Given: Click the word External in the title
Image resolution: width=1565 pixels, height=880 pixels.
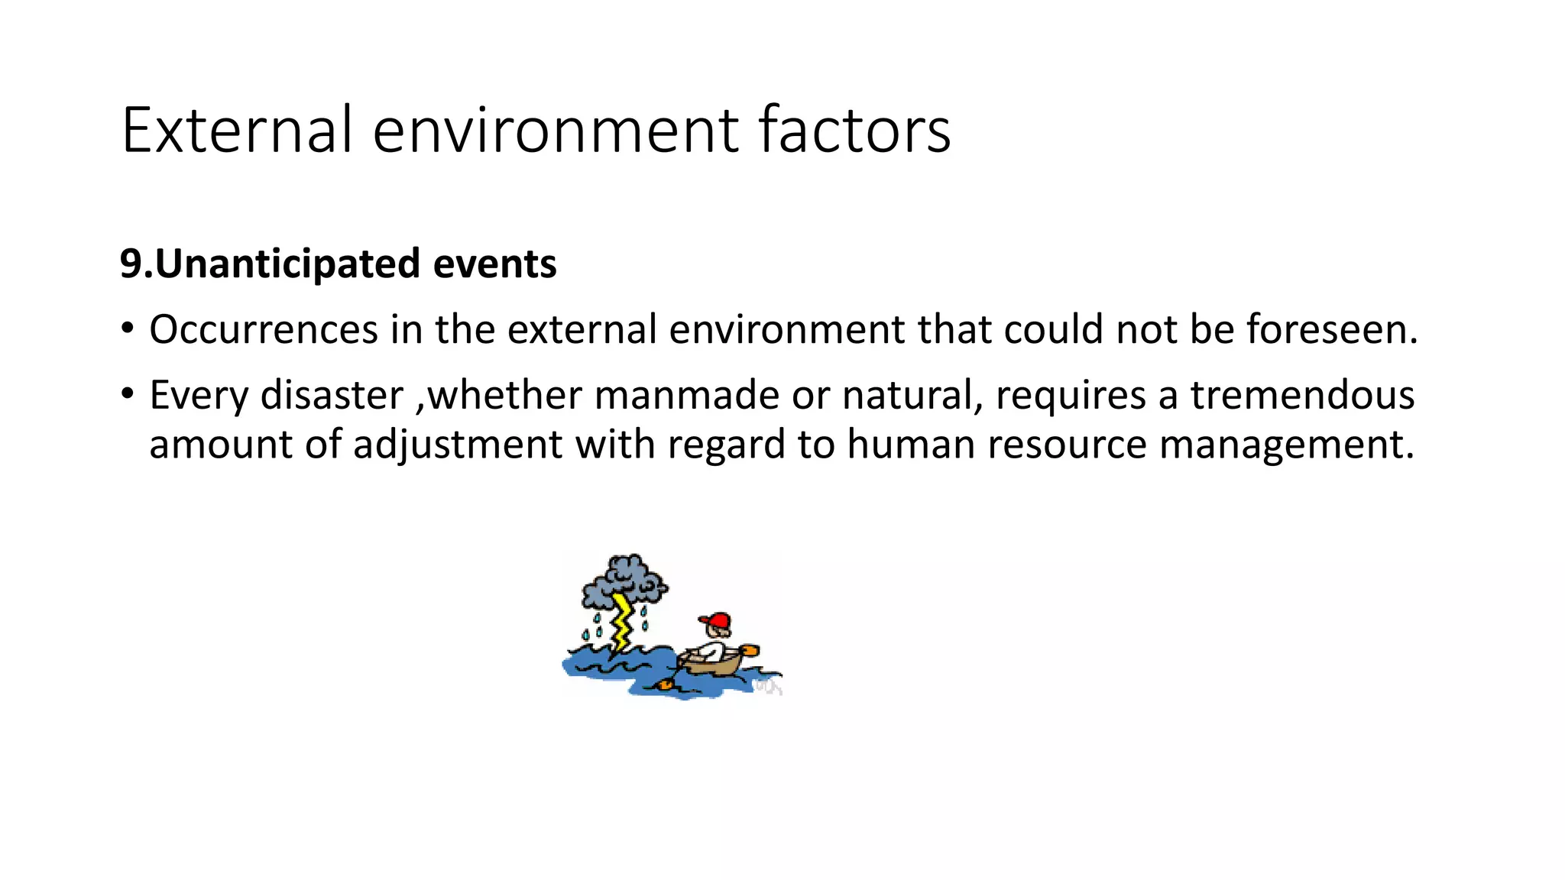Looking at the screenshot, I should (x=237, y=130).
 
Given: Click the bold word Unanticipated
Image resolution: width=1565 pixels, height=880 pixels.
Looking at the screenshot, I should (x=288, y=264).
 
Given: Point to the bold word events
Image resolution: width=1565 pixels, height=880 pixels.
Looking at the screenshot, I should (x=494, y=264).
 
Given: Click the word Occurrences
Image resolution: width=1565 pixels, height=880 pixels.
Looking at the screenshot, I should (x=264, y=330).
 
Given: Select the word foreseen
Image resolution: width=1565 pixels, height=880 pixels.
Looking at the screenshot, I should (x=1331, y=330).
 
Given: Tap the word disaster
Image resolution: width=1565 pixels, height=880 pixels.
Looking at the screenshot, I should (x=332, y=396).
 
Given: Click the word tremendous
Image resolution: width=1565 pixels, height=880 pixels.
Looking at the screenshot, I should (x=1302, y=396).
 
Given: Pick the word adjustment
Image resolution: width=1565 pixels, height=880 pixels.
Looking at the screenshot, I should (x=457, y=445).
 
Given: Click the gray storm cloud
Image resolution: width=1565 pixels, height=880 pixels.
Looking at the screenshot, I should (x=625, y=581).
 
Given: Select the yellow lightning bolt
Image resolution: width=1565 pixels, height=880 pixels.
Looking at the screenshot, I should (x=623, y=623).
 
